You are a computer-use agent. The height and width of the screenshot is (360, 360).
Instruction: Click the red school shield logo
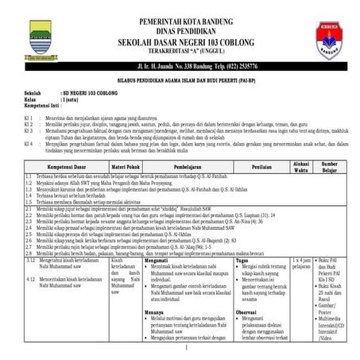[330, 41]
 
